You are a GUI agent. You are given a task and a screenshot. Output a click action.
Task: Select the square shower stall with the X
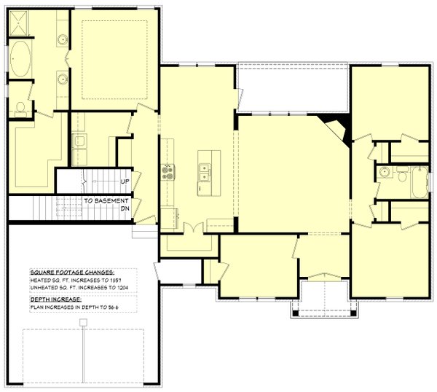[20, 27]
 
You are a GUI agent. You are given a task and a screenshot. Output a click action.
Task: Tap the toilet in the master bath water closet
[20, 110]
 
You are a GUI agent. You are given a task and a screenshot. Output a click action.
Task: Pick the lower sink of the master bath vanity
[63, 82]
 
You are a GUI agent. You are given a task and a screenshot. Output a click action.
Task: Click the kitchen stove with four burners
[168, 172]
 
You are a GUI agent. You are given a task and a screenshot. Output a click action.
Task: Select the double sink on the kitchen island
[205, 172]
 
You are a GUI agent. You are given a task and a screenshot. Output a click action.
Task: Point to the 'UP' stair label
[125, 181]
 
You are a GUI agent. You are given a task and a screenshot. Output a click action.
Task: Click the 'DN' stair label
[125, 208]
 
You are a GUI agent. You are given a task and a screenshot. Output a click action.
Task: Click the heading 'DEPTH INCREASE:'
[56, 299]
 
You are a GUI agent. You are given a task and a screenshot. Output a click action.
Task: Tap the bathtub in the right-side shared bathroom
[420, 182]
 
